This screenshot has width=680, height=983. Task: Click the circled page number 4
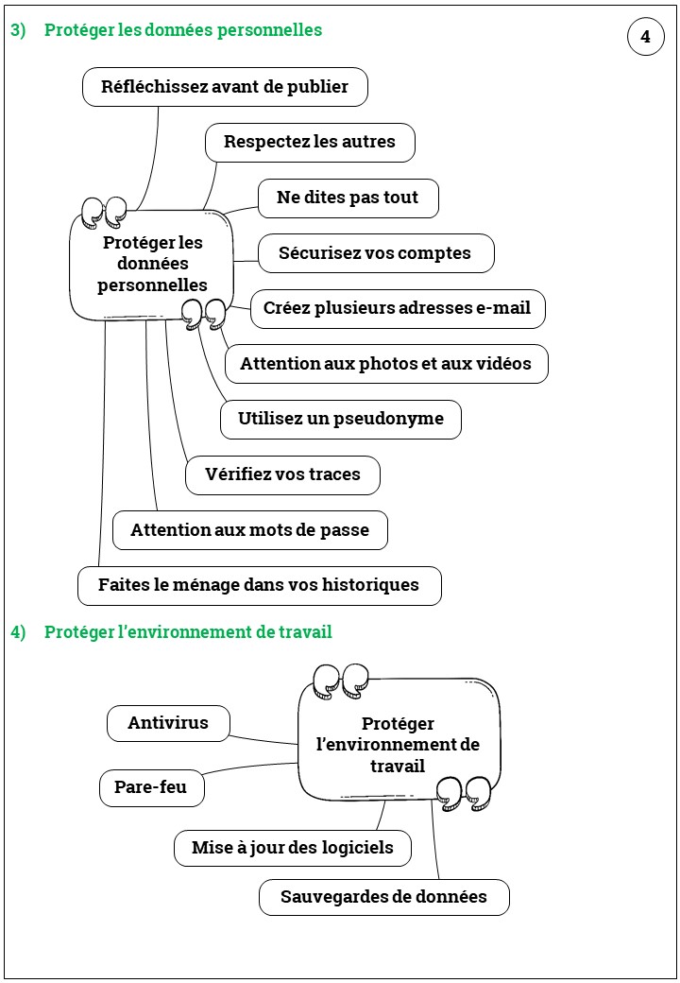(646, 37)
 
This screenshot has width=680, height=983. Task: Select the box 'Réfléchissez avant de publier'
(225, 87)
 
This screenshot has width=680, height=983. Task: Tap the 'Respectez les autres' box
(310, 143)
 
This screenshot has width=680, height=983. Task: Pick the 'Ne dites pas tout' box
(348, 198)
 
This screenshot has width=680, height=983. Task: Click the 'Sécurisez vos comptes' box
(375, 253)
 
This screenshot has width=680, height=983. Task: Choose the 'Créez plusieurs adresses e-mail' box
(397, 308)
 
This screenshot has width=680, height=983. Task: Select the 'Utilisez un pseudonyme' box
(341, 419)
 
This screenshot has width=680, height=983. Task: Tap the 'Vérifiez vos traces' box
(283, 474)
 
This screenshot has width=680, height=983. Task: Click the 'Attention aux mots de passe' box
(249, 530)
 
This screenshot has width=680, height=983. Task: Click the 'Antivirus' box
(168, 724)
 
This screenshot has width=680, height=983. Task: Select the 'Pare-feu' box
(151, 787)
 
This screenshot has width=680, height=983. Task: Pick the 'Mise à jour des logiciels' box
(293, 848)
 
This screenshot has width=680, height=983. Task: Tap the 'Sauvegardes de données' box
(383, 897)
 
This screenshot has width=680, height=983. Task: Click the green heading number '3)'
(18, 30)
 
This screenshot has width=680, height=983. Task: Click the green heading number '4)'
(18, 632)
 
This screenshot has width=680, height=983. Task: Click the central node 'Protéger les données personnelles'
(152, 264)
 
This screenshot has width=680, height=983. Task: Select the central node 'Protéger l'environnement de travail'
(399, 745)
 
